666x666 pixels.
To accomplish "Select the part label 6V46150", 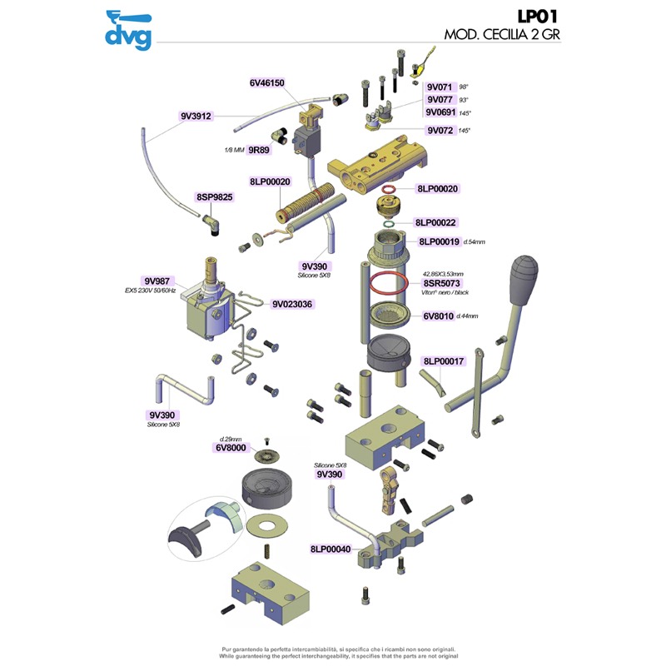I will [x=266, y=83].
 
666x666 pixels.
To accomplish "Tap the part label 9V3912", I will [x=196, y=117].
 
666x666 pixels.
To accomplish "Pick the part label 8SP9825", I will [x=215, y=197].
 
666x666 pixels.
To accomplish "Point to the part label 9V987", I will [x=156, y=281].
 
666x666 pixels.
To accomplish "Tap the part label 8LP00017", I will [x=444, y=361].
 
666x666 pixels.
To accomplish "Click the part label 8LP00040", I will [x=331, y=549].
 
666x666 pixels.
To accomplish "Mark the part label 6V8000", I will [x=230, y=448].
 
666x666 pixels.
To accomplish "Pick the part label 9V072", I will [x=440, y=131].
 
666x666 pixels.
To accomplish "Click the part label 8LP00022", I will [x=436, y=223].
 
